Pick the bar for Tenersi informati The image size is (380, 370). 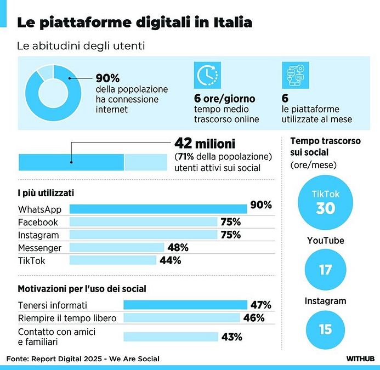coord(185,305)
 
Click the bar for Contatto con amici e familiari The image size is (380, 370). coord(171,337)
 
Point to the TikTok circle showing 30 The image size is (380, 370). coord(326,202)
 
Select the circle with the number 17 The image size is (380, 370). coord(326,270)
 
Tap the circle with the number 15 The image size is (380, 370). coord(326,329)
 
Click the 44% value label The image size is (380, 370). coord(170,261)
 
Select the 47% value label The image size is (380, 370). coord(261,305)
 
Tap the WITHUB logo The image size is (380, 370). coord(360,359)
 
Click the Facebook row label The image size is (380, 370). coord(38,222)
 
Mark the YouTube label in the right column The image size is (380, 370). coord(325,241)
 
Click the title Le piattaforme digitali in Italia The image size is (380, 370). coord(135,22)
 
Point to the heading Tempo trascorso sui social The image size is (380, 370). coord(325,146)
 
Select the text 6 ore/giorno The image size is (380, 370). coord(225,99)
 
